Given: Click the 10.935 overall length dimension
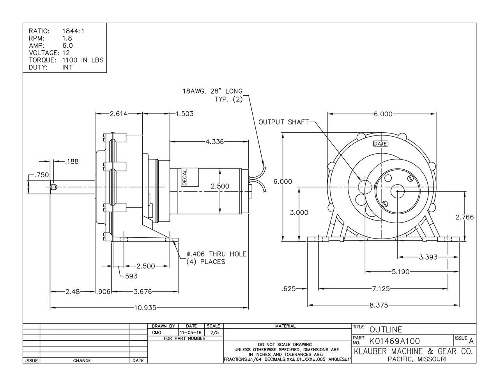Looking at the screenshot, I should pyautogui.click(x=145, y=308).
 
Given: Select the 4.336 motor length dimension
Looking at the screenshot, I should pyautogui.click(x=214, y=142).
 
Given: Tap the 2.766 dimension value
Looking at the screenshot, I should pyautogui.click(x=465, y=217).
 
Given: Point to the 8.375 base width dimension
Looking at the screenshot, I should pyautogui.click(x=379, y=305).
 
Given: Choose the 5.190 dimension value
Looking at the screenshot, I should pyautogui.click(x=400, y=272).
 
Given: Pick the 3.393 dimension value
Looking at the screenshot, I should pyautogui.click(x=428, y=257).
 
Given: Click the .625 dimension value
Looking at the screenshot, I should pyautogui.click(x=288, y=289).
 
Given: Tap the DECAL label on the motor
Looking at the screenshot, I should pyautogui.click(x=185, y=178).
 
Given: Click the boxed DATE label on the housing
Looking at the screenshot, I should pyautogui.click(x=380, y=144).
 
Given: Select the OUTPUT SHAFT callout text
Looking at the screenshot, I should pyautogui.click(x=283, y=122).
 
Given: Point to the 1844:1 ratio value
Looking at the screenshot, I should pyautogui.click(x=73, y=31).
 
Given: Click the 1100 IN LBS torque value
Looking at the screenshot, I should pyautogui.click(x=83, y=60).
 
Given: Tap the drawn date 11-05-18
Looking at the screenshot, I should pyautogui.click(x=191, y=332).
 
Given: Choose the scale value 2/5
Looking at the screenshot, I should pyautogui.click(x=214, y=332).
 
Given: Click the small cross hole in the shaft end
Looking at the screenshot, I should pyautogui.click(x=53, y=188).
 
